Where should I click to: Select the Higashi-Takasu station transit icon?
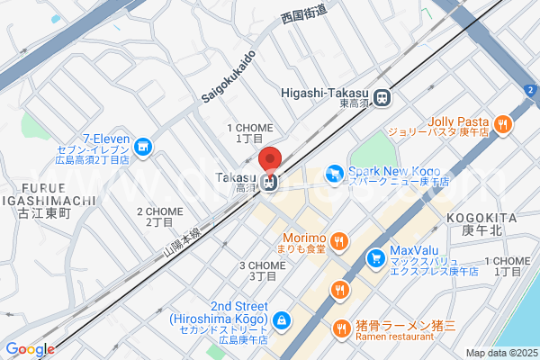[384, 96]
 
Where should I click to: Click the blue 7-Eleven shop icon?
[142, 146]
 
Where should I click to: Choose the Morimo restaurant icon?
[339, 240]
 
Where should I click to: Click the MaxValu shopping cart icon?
[375, 259]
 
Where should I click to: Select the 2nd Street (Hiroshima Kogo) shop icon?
[283, 319]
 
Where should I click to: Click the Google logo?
[30, 349]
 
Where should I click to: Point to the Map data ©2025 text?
[501, 353]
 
